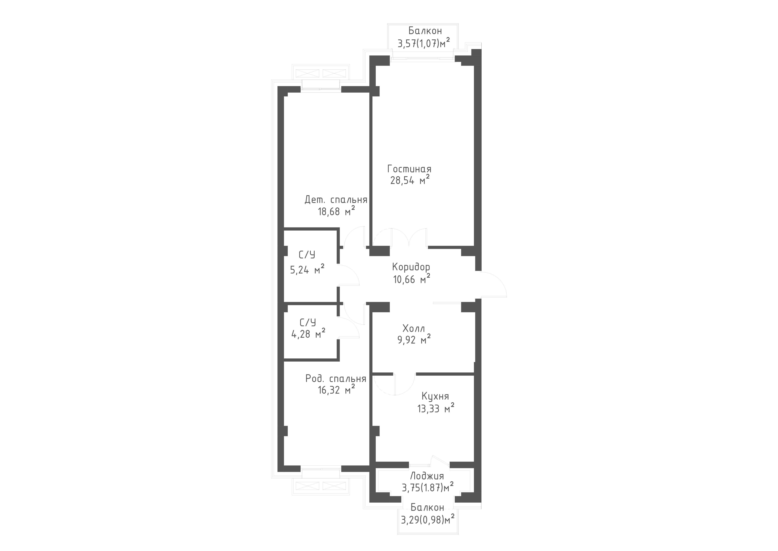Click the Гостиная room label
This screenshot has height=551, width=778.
pos(409,169)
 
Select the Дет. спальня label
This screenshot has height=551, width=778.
pos(336,200)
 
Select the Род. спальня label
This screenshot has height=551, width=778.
pos(336,379)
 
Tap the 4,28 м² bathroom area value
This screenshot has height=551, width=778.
pos(308,334)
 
